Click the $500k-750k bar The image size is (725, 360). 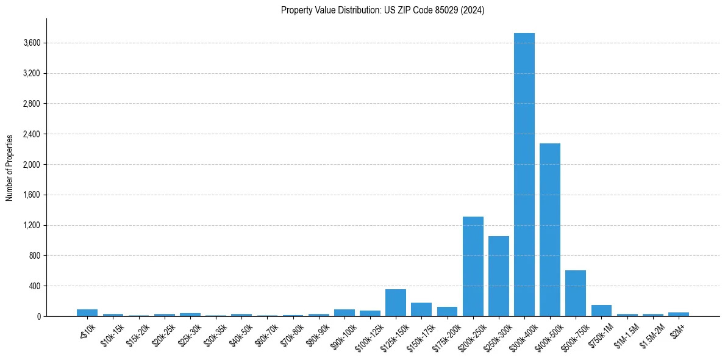click(x=576, y=293)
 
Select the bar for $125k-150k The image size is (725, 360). click(x=396, y=303)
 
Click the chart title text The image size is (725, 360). click(x=383, y=10)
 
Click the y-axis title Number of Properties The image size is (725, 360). click(x=10, y=168)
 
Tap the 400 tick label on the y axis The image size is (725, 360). click(x=35, y=286)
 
